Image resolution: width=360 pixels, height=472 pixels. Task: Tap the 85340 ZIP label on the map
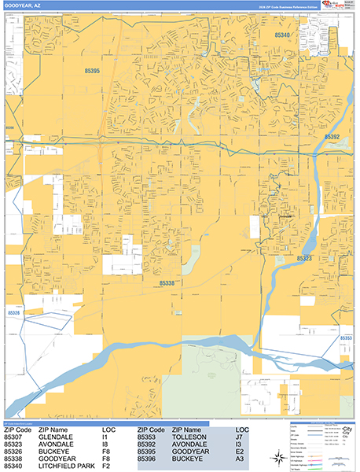pos(283,35)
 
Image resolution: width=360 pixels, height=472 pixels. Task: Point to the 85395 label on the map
pos(92,72)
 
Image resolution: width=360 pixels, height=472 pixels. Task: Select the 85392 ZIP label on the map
pos(332,137)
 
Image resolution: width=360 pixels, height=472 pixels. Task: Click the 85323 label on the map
pos(305,258)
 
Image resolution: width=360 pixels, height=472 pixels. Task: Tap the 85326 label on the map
pos(14,312)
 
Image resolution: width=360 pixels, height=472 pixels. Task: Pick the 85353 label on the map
pos(345,337)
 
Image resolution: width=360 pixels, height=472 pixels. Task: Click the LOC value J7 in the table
pos(241,437)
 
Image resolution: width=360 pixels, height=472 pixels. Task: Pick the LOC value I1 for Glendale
pos(105,437)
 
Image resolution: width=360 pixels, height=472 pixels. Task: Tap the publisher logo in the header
pos(340,6)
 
